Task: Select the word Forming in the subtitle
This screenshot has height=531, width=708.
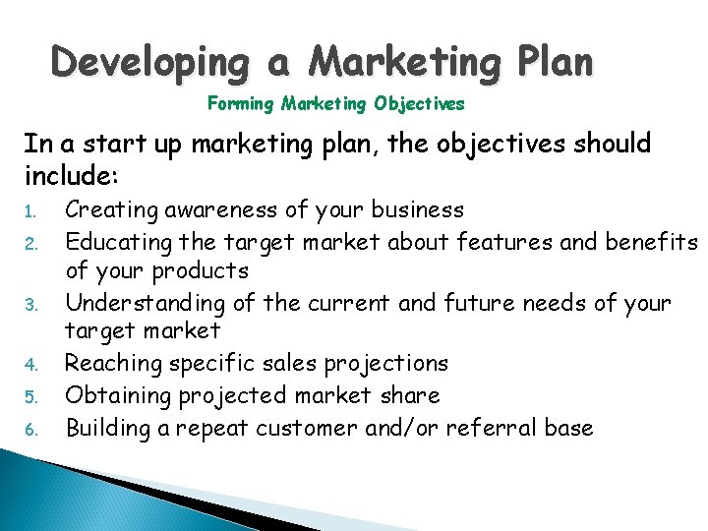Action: (x=241, y=102)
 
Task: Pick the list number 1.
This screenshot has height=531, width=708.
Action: (x=29, y=211)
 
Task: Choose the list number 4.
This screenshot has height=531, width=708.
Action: (x=29, y=365)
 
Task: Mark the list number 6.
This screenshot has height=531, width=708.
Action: (x=29, y=430)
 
